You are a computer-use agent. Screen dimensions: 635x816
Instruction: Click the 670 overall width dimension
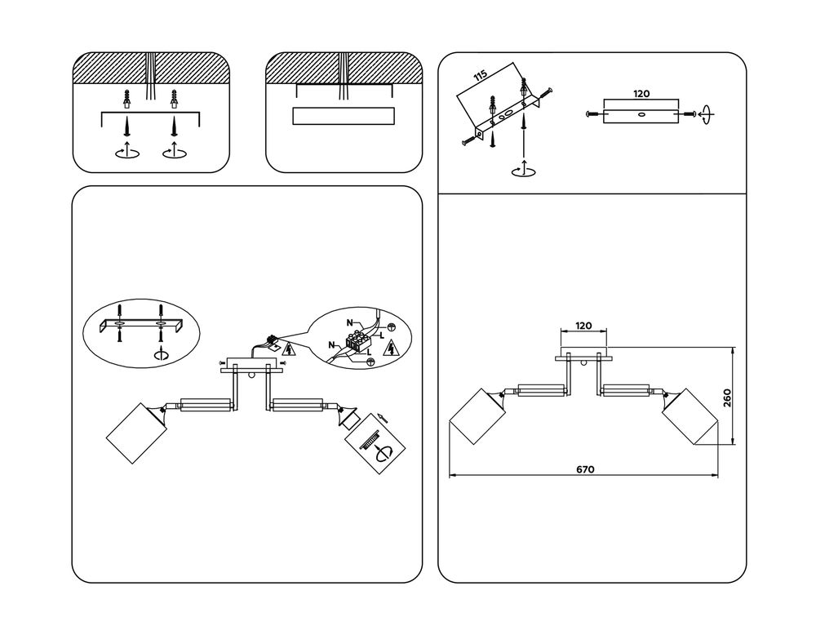(x=584, y=469)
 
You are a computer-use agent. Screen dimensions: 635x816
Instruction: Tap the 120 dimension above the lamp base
(x=583, y=326)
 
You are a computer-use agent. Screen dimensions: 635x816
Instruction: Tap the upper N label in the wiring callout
(x=350, y=323)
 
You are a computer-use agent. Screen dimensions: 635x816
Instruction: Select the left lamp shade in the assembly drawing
(x=136, y=432)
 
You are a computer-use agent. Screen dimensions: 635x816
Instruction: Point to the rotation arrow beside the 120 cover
(x=706, y=114)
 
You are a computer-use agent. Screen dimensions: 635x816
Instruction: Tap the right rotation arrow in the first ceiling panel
(x=174, y=152)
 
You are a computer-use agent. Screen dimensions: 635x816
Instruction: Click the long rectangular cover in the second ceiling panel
(x=343, y=116)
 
